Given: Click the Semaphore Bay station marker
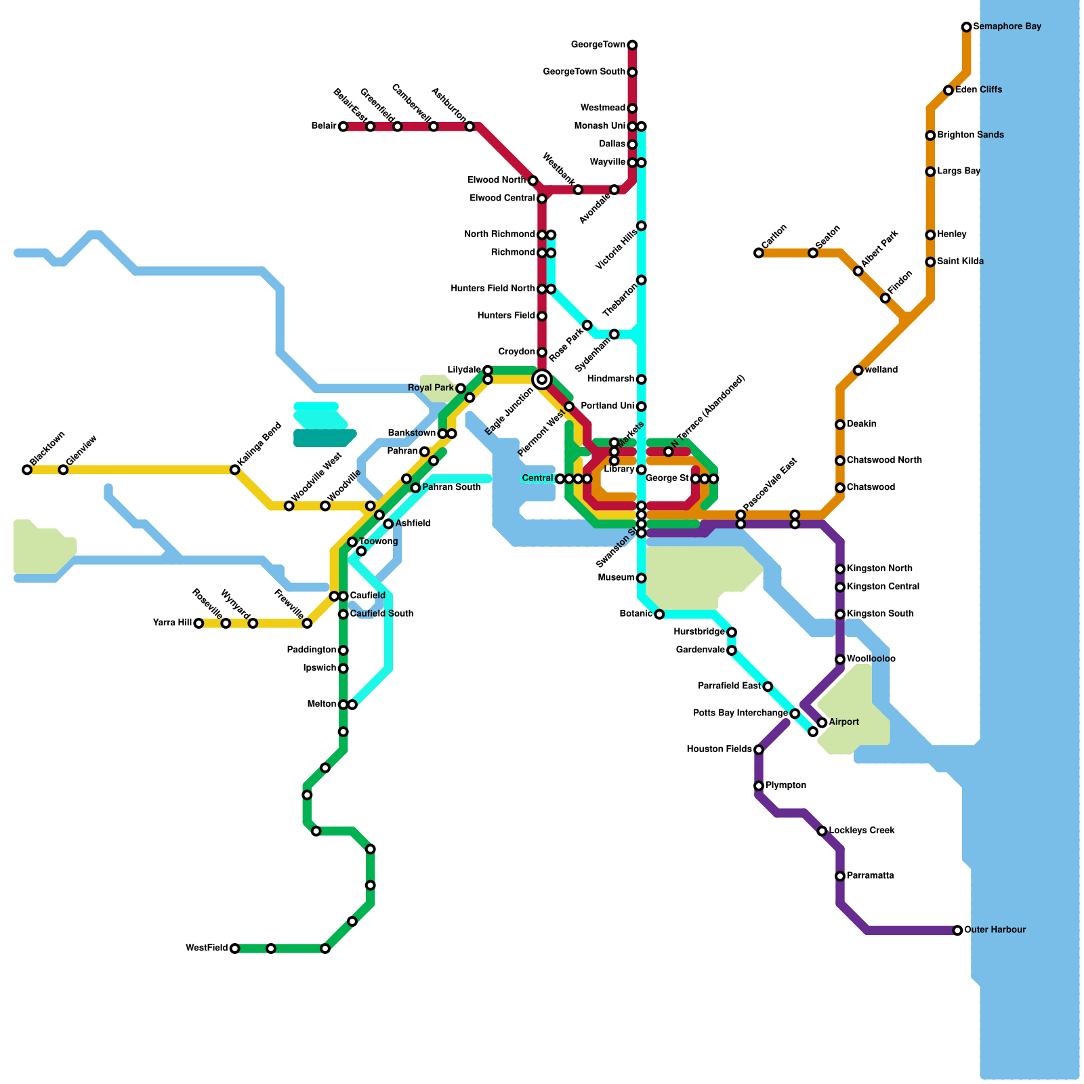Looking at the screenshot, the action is (x=966, y=27).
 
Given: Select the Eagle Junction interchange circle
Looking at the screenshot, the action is (x=541, y=379).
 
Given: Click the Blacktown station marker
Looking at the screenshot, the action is (x=27, y=470).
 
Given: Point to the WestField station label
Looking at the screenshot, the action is (x=207, y=948).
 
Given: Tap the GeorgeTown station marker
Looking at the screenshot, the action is (x=632, y=45).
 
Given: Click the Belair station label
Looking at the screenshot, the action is (x=324, y=126).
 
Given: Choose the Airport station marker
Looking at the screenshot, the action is (x=822, y=723).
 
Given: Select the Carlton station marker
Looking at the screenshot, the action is (x=758, y=253).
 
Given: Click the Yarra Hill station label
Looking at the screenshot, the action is (x=173, y=623).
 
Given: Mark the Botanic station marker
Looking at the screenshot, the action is (x=659, y=614).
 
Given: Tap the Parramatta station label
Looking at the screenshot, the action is (x=870, y=875).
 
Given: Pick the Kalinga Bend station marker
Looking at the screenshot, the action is (x=234, y=470).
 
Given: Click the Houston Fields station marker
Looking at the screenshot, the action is (x=758, y=750).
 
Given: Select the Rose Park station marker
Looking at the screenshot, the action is (x=587, y=325).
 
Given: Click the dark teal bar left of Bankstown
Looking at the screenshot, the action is (x=325, y=438).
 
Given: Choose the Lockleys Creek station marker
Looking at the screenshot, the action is (x=822, y=831).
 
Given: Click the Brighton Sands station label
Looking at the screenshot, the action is (x=970, y=135).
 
